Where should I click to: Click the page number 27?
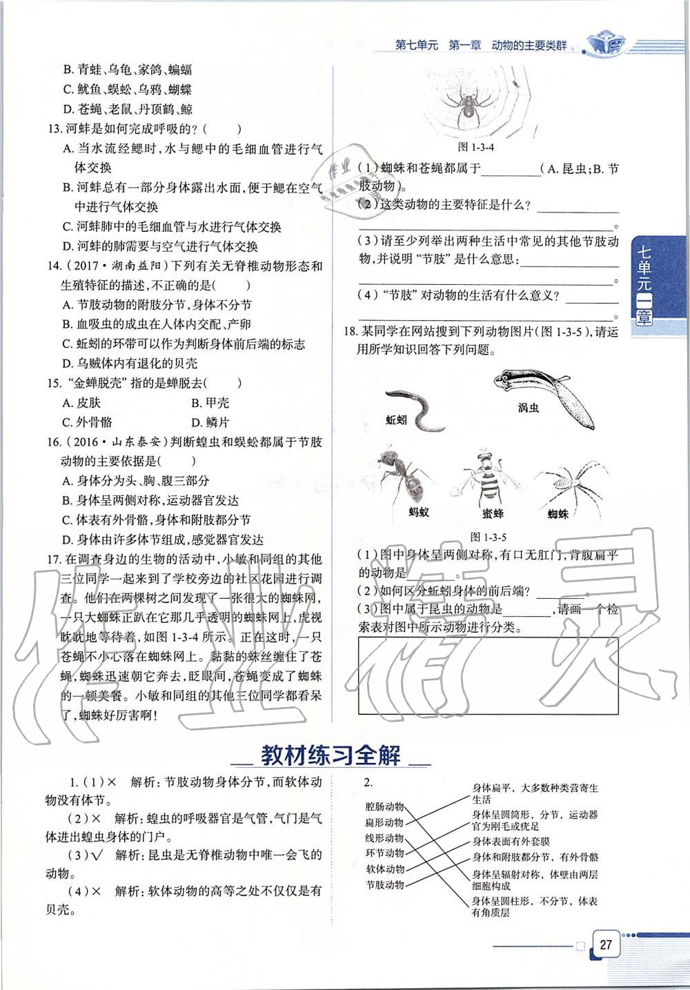[x=606, y=944]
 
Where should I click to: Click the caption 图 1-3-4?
[x=476, y=147]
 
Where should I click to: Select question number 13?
[x=54, y=128]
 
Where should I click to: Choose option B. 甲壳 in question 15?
[x=210, y=403]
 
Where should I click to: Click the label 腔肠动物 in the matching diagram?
[x=384, y=806]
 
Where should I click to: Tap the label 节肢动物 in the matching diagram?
[x=384, y=884]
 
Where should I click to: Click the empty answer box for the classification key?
[x=488, y=675]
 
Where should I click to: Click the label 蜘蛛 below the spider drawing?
[x=558, y=513]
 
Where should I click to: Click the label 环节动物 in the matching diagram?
[x=384, y=853]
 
